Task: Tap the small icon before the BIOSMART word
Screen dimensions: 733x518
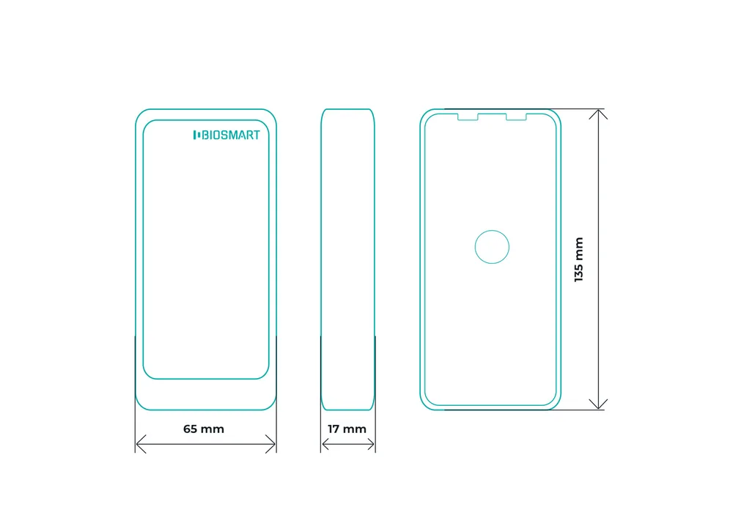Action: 196,135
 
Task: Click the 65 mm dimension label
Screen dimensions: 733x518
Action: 204,429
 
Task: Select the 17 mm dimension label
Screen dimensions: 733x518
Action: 347,429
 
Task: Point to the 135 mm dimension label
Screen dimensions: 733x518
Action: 579,259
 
